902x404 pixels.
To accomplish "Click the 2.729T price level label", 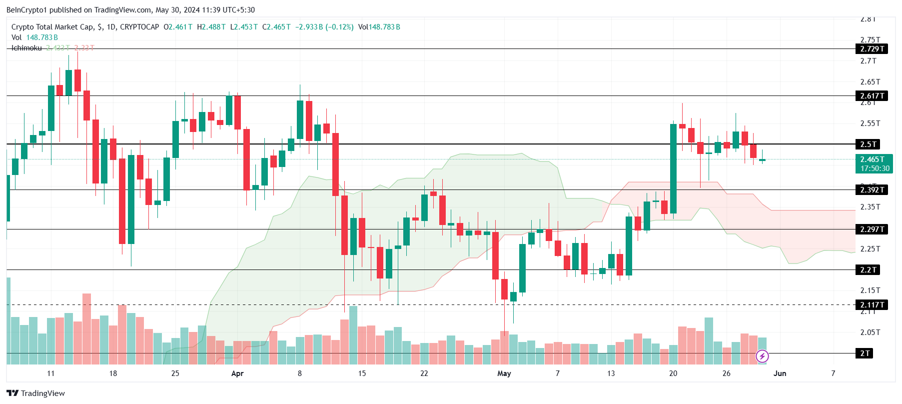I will coord(872,49).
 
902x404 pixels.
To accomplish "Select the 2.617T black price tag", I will coord(872,96).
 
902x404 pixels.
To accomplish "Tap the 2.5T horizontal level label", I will coord(868,144).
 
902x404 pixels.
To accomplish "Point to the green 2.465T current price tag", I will coord(874,163).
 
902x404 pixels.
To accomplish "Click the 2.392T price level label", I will coord(872,190).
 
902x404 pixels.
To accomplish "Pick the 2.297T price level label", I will coord(872,229).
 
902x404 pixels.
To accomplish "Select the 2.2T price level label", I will coord(868,270).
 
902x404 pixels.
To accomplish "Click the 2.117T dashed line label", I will coord(872,305).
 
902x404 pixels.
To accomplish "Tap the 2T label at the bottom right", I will coord(865,353).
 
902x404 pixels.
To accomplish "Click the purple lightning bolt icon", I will coord(762,356).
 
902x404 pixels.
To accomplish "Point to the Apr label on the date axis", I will coord(237,373).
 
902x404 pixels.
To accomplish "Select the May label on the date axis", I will coord(504,373).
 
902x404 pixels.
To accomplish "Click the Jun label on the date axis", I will coord(780,373).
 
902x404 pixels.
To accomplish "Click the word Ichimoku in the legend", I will coord(26,48).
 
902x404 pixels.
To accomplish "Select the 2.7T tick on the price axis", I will coord(868,61).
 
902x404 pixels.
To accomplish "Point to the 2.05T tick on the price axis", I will coord(870,332).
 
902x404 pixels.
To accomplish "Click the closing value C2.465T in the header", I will coord(276,27).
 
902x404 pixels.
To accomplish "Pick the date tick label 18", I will coord(113,373).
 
